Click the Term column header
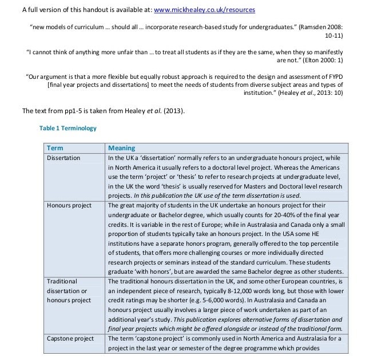click(x=55, y=147)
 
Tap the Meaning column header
click(x=121, y=147)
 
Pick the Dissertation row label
click(x=64, y=157)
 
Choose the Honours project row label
click(x=69, y=205)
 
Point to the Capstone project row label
click(x=70, y=338)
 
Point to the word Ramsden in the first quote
click(x=315, y=26)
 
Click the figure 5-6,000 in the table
click(x=212, y=301)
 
